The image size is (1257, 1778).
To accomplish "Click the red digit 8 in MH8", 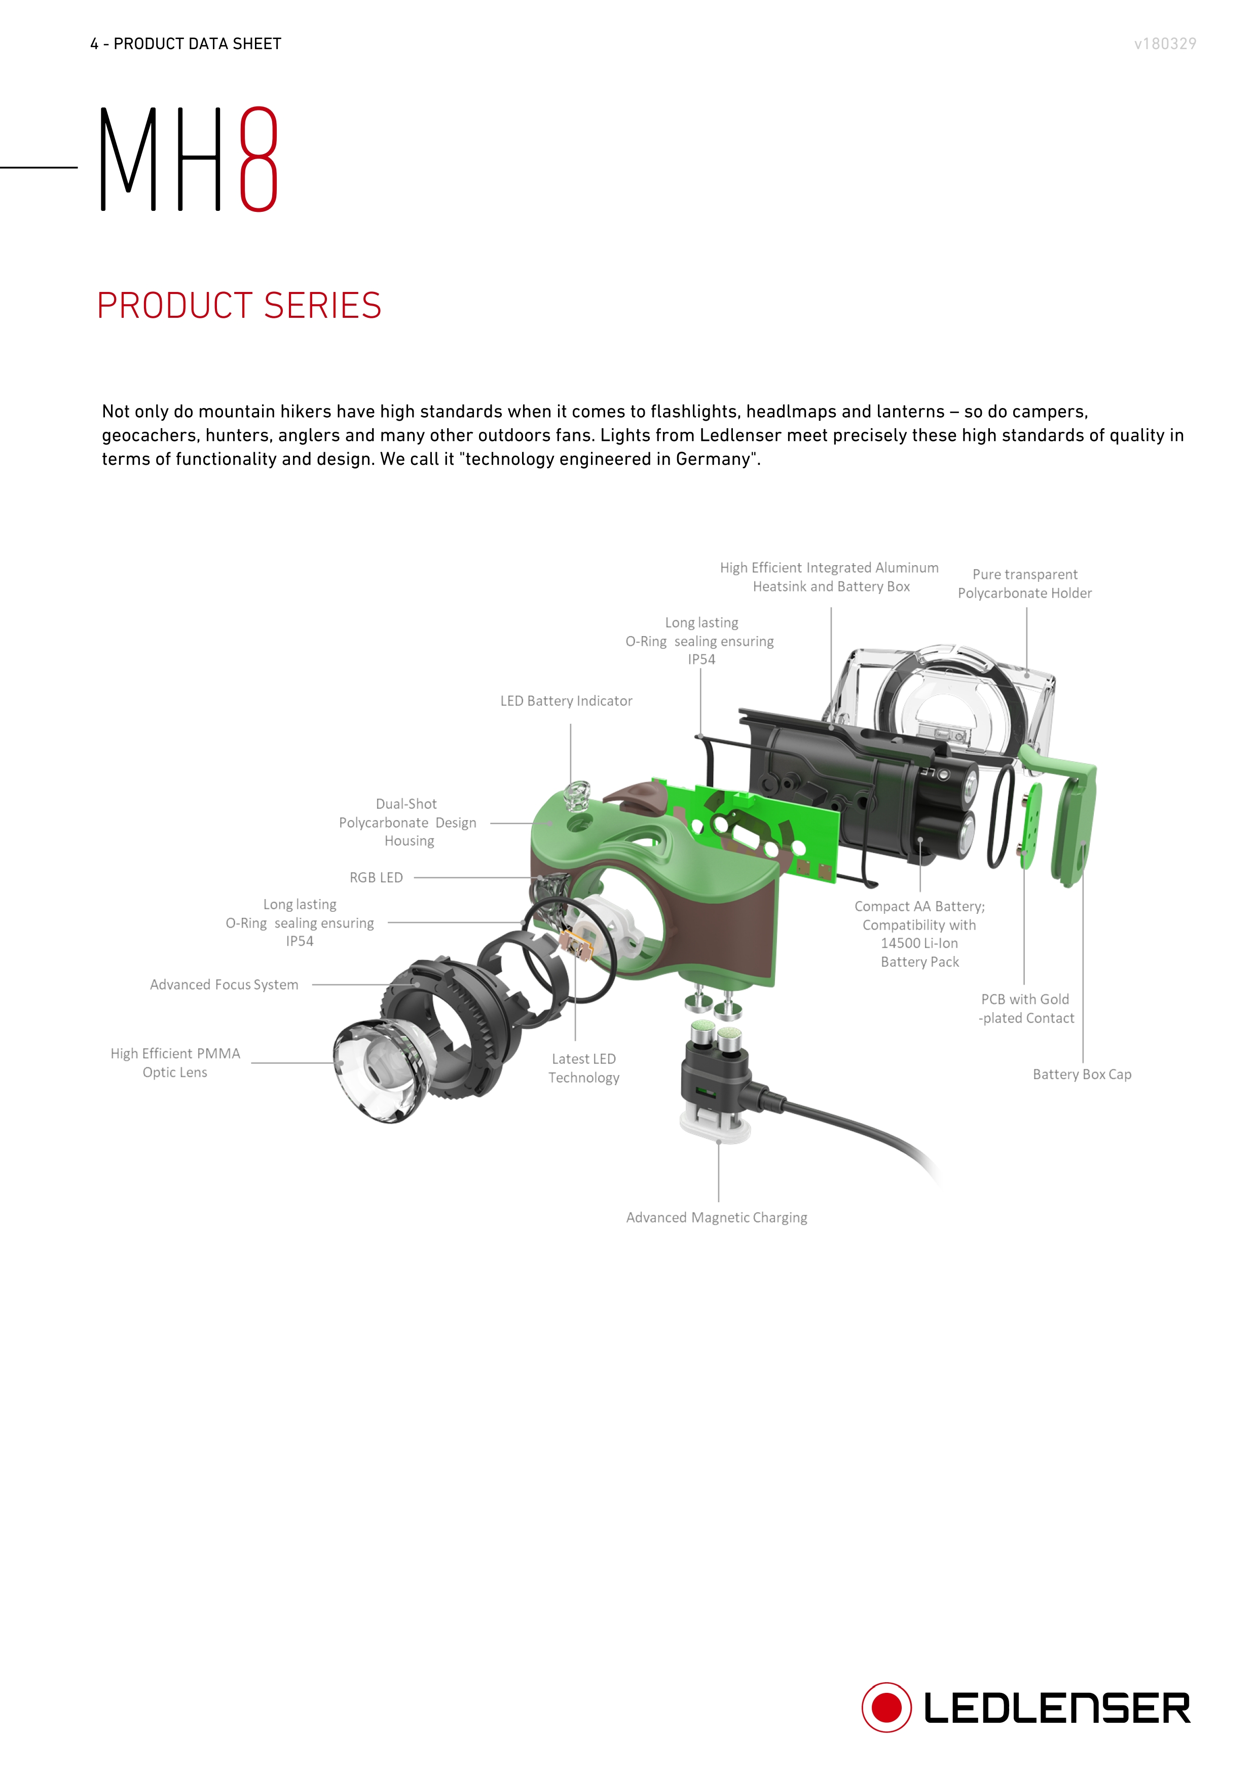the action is coord(258,158).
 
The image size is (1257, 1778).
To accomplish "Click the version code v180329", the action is coord(1165,44).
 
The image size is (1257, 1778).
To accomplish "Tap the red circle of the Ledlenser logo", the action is coord(886,1707).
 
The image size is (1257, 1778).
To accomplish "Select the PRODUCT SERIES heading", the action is coord(239,305).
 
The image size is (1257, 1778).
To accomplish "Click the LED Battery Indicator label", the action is coord(566,701).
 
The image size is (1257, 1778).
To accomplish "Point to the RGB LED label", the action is coord(377,877).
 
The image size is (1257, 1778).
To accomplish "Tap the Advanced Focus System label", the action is coord(224,984).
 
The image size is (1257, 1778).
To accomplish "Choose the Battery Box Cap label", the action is coord(1082,1074).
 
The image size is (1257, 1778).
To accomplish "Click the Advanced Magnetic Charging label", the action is coord(716,1217).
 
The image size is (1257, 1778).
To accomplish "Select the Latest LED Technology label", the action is coord(584,1068).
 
